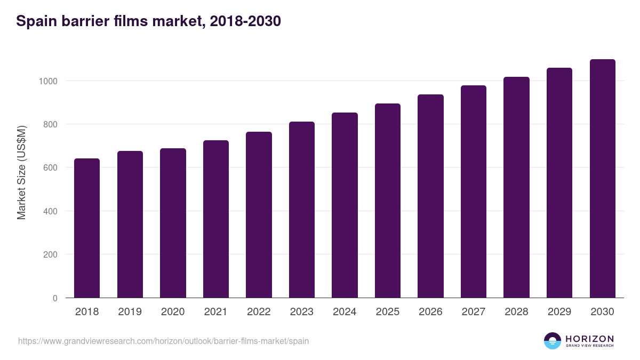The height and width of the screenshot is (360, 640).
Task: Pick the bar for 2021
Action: tap(216, 219)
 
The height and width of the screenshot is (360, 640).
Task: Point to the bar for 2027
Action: tap(474, 191)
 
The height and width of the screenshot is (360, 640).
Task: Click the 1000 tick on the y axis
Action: tap(47, 81)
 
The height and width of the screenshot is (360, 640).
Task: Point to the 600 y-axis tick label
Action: tap(50, 168)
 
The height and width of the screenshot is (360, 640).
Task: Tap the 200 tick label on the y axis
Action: tap(50, 254)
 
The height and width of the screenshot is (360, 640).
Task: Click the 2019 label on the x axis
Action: tap(130, 312)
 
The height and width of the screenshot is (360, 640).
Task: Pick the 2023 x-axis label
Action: tap(301, 312)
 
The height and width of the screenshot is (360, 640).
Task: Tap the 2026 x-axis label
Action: tap(430, 312)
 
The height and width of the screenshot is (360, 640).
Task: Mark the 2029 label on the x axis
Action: tap(559, 312)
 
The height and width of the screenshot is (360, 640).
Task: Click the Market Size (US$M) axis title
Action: tap(21, 172)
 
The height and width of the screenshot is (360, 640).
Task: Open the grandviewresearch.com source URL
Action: tap(163, 341)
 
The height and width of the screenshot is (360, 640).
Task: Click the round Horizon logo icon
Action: tap(553, 341)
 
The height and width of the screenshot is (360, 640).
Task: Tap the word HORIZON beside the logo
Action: tap(589, 339)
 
